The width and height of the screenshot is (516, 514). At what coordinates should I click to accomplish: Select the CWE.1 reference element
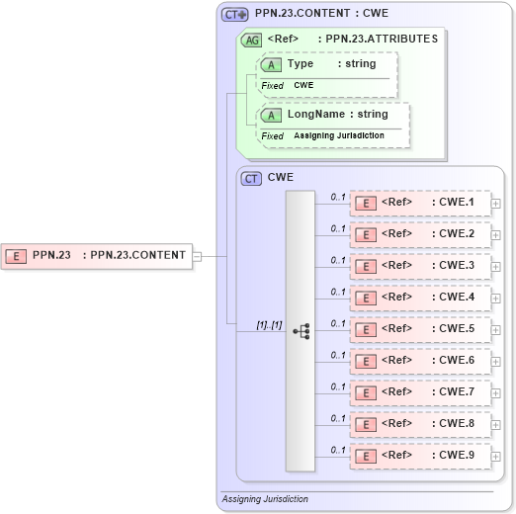420,204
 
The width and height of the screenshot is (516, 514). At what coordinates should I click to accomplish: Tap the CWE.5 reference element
420,328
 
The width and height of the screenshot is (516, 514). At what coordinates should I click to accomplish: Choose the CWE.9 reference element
420,455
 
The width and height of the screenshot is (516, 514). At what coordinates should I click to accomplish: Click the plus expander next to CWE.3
496,267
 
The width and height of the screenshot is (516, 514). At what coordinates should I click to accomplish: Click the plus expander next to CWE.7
496,393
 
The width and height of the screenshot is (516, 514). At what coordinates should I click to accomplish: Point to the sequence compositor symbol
301,331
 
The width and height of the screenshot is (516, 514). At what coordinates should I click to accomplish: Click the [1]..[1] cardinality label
269,323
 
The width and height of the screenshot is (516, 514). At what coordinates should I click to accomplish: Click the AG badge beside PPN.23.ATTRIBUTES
252,40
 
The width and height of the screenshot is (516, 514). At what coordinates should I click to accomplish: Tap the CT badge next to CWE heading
252,178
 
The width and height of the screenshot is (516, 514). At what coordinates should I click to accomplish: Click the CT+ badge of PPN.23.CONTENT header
235,14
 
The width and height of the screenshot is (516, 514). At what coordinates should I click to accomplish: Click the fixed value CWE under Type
302,85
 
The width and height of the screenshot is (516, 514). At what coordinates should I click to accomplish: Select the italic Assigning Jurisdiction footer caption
265,499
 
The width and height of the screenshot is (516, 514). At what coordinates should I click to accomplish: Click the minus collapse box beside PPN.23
197,256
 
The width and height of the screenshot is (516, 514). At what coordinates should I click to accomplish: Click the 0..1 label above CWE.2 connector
337,228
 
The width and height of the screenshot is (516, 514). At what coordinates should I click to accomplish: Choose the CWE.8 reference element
420,423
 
